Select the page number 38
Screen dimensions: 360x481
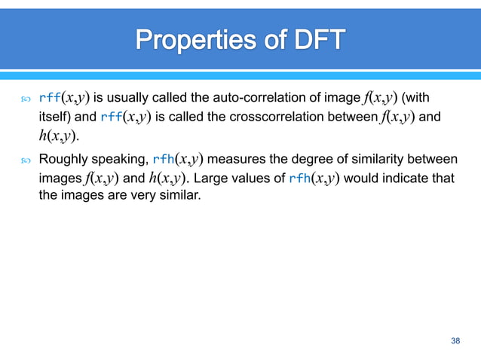tap(455, 342)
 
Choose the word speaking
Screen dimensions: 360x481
tap(120, 159)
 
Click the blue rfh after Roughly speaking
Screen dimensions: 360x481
tap(162, 159)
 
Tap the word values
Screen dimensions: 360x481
tap(254, 178)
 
